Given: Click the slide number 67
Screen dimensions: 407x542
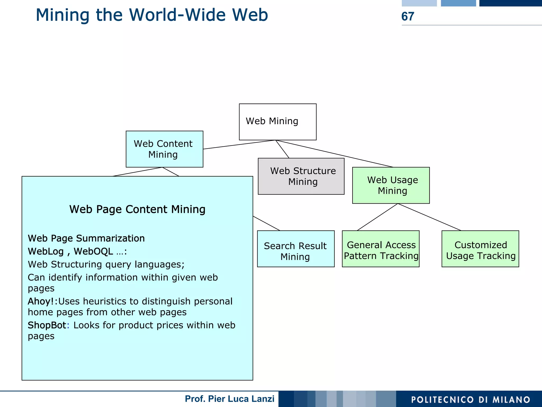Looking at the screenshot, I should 408,16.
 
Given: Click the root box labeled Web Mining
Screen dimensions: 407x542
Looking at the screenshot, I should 277,122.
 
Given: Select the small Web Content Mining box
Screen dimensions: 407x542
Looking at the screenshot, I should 164,149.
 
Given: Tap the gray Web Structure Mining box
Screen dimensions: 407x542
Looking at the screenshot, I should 301,176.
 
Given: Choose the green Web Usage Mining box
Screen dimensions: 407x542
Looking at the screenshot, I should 391,185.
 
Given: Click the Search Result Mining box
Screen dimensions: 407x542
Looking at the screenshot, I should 296,249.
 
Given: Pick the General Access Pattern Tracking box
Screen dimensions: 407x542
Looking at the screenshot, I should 381,249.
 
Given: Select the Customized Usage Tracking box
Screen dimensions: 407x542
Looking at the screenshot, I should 480,249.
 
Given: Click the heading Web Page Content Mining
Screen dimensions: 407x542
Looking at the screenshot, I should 137,209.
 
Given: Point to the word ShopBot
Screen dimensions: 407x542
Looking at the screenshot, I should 47,325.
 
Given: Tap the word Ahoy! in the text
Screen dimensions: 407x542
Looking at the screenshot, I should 41,301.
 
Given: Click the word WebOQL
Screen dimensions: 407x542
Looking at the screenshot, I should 93,251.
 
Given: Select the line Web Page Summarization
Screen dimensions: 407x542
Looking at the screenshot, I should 86,238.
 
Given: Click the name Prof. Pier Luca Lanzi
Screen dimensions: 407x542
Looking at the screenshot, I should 229,399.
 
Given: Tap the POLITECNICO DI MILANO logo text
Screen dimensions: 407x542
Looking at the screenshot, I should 471,400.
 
